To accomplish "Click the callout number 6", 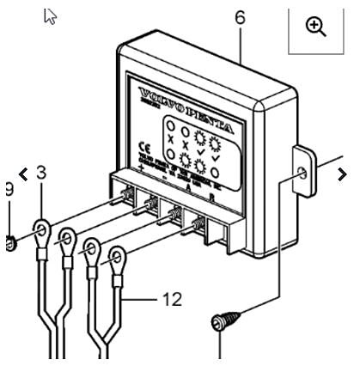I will click(x=238, y=15).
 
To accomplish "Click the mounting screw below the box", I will click(x=218, y=325).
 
